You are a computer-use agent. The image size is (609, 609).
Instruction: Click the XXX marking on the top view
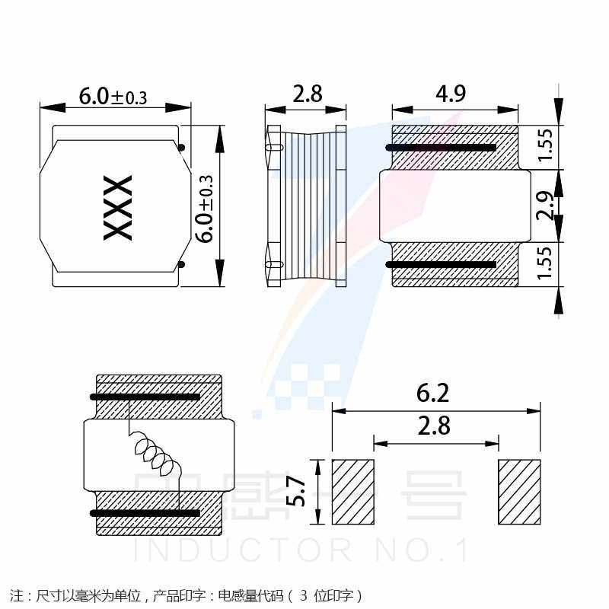point(118,208)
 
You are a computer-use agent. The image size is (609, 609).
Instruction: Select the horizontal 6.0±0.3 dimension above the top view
point(113,97)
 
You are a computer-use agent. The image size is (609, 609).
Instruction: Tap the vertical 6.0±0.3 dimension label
point(206,209)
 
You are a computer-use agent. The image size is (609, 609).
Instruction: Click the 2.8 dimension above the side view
point(307,94)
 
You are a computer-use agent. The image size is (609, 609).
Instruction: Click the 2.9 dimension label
point(545,206)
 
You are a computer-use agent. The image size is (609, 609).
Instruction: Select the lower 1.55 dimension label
point(545,263)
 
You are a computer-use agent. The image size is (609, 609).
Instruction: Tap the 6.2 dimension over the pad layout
point(433,394)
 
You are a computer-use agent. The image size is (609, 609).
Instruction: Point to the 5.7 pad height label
point(297,492)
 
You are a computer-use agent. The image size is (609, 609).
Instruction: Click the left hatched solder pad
point(353,492)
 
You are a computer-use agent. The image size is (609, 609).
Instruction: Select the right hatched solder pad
point(519,492)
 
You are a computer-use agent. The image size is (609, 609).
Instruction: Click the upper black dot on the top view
point(182,147)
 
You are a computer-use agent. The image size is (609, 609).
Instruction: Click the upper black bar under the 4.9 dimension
point(442,147)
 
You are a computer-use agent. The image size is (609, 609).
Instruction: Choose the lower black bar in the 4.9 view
point(442,265)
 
